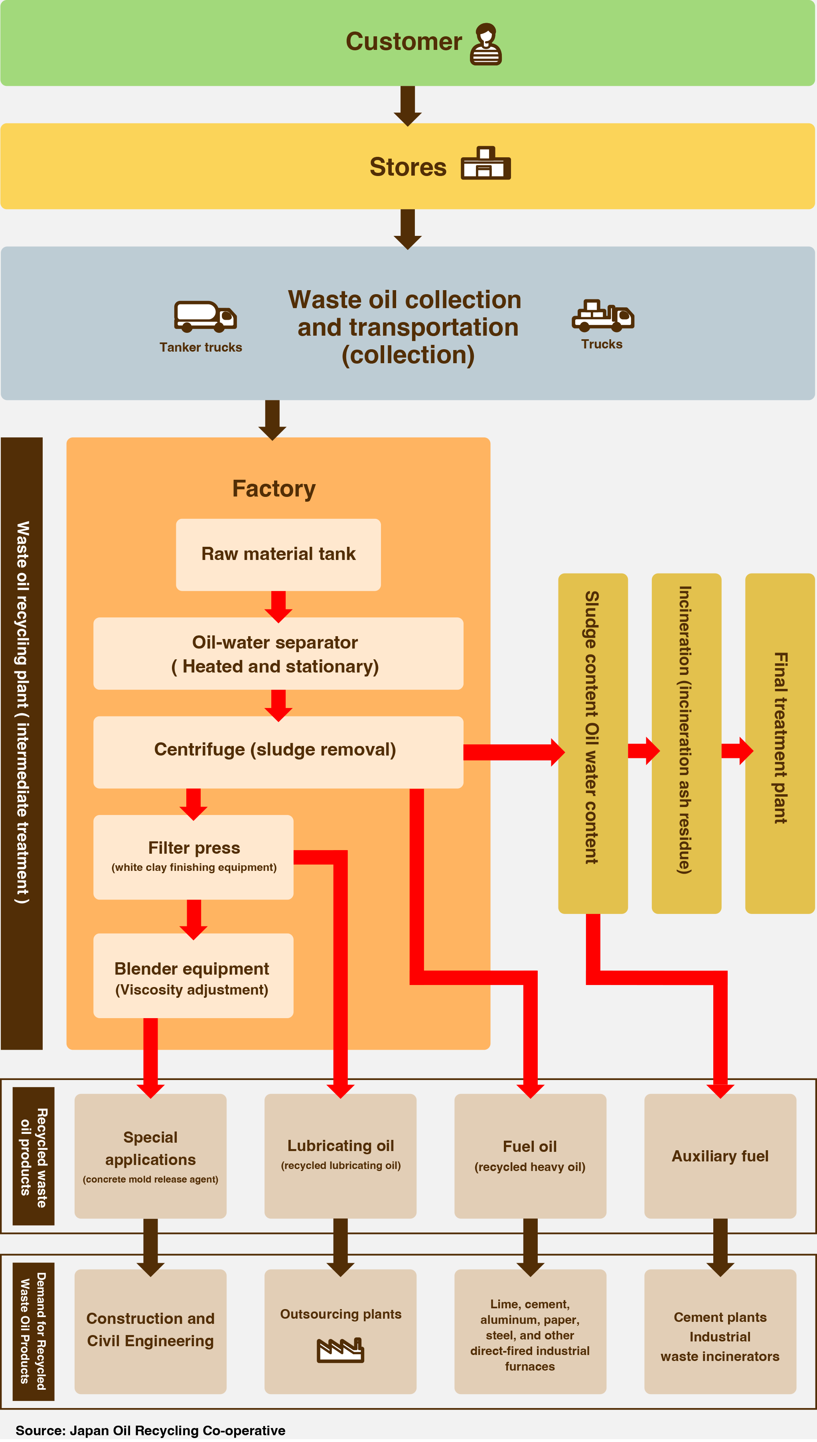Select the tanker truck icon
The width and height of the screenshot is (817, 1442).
(x=205, y=316)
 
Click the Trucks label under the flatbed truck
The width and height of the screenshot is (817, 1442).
(x=602, y=344)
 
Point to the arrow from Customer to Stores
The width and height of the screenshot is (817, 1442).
(x=408, y=105)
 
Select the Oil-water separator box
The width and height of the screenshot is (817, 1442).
(x=278, y=654)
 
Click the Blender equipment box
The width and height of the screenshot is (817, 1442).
(x=193, y=975)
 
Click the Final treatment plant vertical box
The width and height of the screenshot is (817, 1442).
(x=780, y=744)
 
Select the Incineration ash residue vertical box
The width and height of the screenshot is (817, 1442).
(x=686, y=744)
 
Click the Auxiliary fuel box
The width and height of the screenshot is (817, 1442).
(x=720, y=1156)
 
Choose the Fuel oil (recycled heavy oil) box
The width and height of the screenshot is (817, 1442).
(x=530, y=1156)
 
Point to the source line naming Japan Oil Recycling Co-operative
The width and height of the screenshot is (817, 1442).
(x=150, y=1430)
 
